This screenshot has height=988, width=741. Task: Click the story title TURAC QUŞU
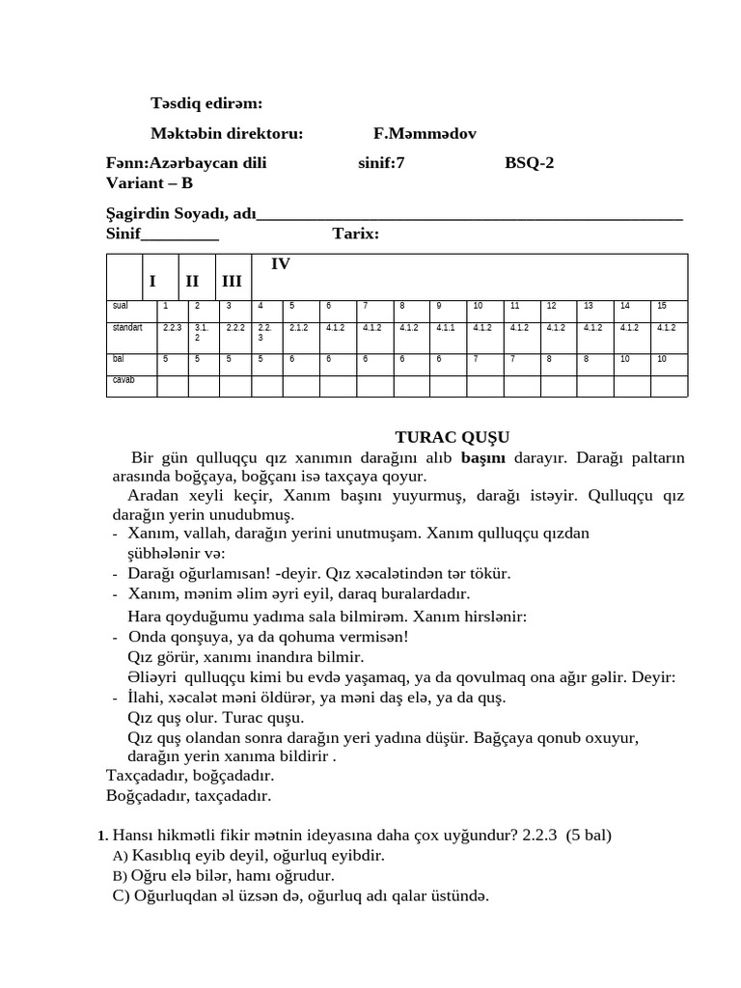(x=453, y=437)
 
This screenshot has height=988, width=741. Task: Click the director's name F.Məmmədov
(x=425, y=133)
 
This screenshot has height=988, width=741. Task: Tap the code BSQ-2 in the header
(x=530, y=163)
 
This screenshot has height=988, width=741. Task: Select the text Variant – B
(x=150, y=182)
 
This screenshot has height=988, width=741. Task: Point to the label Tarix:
(x=356, y=233)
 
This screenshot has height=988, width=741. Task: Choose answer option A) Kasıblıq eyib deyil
(x=249, y=856)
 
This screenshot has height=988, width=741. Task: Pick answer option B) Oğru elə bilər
(x=224, y=875)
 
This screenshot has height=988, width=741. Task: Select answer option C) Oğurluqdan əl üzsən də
(x=300, y=895)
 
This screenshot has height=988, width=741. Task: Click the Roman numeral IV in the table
(x=281, y=263)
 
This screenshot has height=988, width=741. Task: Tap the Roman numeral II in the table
(x=192, y=281)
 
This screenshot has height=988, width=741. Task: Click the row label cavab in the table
(x=123, y=380)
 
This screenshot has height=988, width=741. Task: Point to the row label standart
(x=127, y=328)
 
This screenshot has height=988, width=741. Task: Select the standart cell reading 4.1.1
(x=446, y=328)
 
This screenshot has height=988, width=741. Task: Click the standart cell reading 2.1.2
(x=298, y=328)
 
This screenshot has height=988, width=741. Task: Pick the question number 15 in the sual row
(x=662, y=306)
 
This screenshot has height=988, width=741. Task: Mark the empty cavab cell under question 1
(x=173, y=386)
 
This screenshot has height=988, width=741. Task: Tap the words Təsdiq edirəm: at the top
(x=206, y=103)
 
